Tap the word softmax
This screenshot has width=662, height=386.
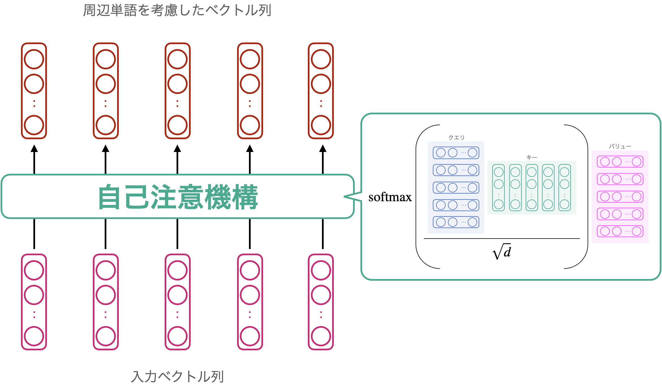tap(390, 197)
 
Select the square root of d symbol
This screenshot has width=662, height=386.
tap(502, 252)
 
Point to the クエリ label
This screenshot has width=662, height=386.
tap(456, 138)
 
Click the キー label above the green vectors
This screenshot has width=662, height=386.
tap(532, 157)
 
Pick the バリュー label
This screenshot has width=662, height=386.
tap(620, 146)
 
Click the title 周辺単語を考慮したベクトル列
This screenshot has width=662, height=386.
tap(177, 11)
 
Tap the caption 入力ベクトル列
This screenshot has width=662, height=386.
tap(178, 377)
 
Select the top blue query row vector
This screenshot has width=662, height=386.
tap(456, 153)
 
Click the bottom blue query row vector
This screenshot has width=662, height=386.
tap(456, 222)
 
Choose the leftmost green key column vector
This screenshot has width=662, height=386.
tap(498, 188)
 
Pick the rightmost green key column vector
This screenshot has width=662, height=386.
tap(564, 188)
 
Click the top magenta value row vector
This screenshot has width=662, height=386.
tap(620, 162)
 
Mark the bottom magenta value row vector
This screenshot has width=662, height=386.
tap(620, 231)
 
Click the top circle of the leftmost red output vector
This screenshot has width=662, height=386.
tap(34, 59)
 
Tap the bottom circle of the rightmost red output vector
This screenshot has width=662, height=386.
tap(321, 125)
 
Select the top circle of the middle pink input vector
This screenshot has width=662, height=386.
tap(177, 270)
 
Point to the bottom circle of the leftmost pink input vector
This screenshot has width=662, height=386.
tap(34, 336)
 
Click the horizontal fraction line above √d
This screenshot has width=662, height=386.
tap(502, 239)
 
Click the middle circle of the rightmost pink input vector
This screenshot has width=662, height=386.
tap(321, 295)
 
